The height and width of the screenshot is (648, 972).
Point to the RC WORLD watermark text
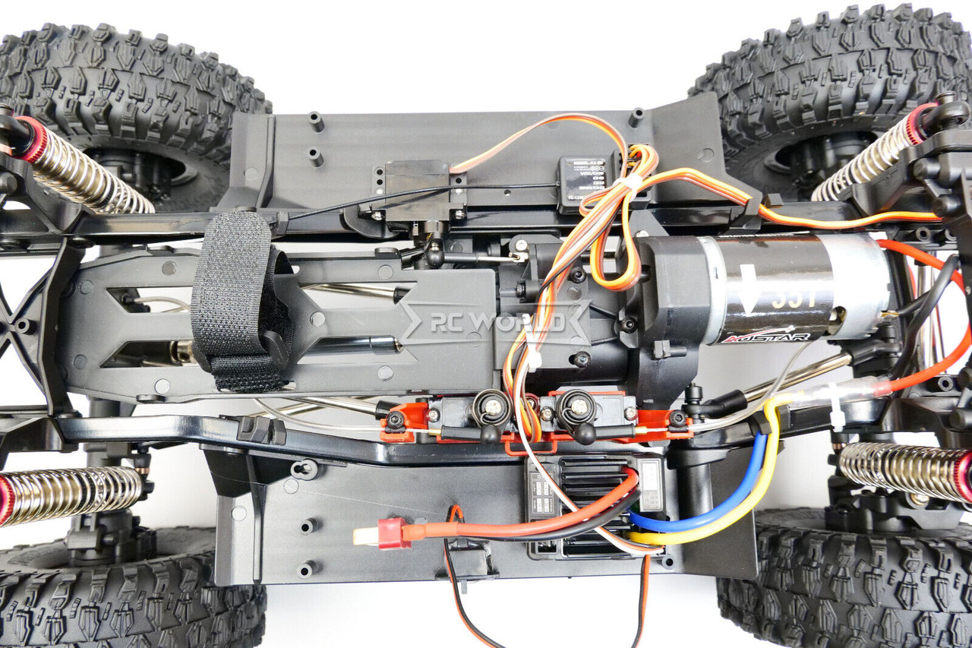pyautogui.click(x=497, y=323)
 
